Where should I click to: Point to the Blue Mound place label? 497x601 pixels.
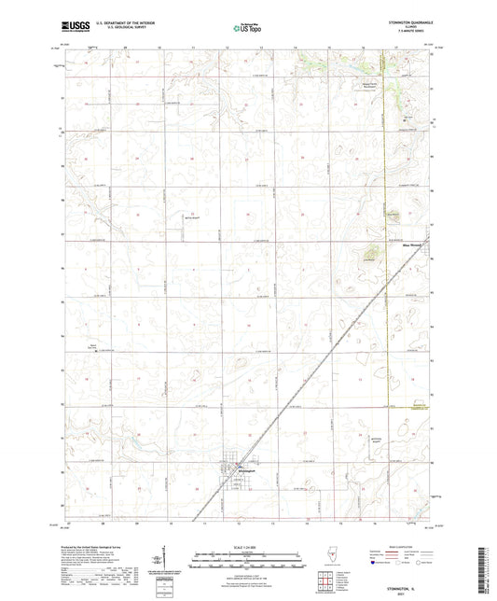tap(410, 246)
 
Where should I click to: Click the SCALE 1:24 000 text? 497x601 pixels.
tap(248, 547)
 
